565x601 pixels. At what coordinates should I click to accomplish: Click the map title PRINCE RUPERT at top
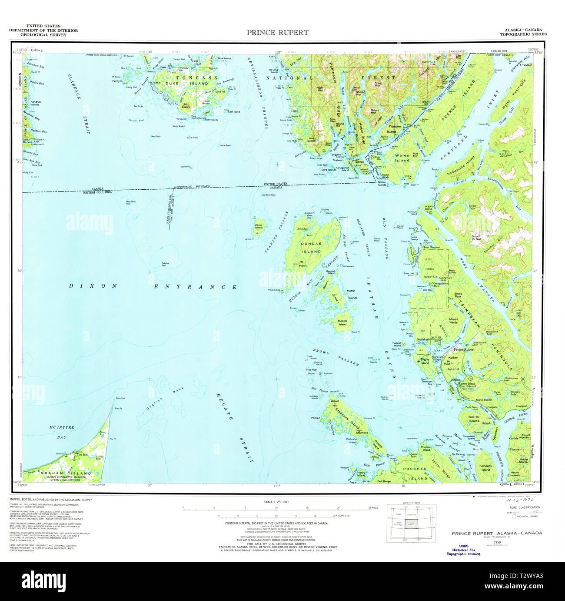278,33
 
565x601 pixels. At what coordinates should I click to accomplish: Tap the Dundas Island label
311,248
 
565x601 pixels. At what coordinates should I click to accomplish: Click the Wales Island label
402,158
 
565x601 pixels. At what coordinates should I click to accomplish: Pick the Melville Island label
342,322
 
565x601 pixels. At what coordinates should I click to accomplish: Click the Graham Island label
66,473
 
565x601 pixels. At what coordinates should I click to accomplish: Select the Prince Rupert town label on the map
464,349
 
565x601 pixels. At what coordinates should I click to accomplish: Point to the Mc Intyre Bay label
62,432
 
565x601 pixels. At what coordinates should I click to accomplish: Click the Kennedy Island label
485,468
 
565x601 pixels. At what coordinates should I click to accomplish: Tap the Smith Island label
474,419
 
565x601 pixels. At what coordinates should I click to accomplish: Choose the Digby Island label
425,361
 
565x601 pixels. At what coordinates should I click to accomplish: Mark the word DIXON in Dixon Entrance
93,286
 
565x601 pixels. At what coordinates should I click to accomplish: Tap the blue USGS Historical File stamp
463,550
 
